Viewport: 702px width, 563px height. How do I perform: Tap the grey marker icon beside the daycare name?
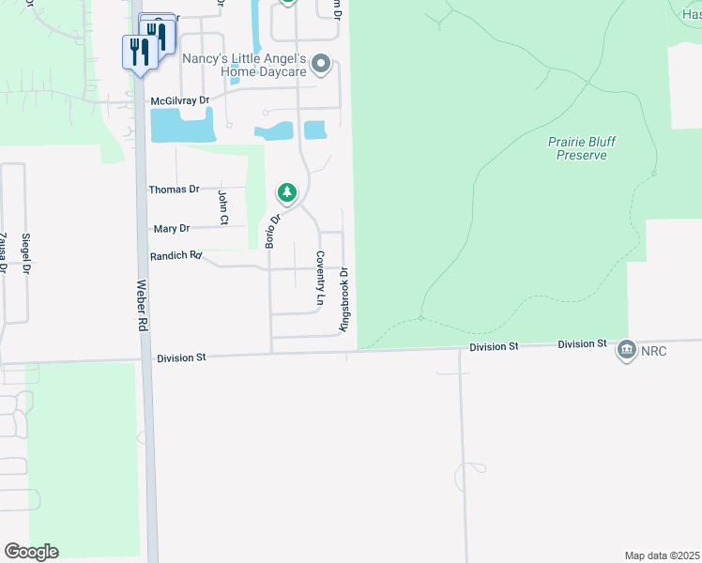click(321, 65)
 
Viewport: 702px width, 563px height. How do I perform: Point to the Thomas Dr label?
click(174, 190)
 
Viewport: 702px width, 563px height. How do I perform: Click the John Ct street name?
click(223, 207)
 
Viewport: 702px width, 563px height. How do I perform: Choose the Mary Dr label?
click(171, 228)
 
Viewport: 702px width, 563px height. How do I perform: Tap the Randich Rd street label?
click(176, 255)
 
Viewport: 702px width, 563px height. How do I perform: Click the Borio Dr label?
click(273, 231)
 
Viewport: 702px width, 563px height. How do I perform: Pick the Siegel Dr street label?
click(26, 253)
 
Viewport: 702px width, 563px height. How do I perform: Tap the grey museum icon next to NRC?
click(627, 351)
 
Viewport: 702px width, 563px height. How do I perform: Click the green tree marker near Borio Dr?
click(287, 193)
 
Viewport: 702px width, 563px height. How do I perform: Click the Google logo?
click(31, 552)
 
